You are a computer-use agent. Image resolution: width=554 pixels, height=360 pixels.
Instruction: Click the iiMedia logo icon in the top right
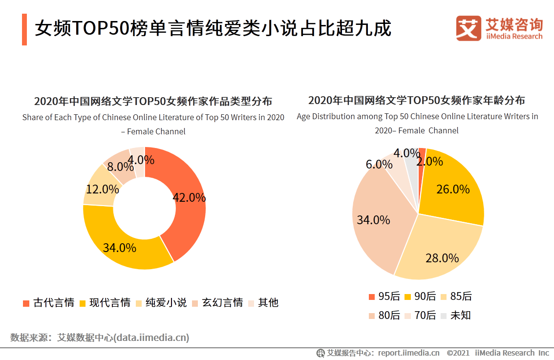[469, 28]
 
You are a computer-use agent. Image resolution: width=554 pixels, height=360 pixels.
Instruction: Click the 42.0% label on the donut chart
[189, 197]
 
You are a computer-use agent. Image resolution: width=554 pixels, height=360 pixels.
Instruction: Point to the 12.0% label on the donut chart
[103, 189]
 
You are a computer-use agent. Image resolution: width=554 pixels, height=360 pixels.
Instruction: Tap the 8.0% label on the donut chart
[121, 167]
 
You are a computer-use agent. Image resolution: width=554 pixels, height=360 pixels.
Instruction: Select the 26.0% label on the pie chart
[453, 189]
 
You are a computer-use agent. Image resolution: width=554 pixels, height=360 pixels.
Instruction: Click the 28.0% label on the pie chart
[442, 258]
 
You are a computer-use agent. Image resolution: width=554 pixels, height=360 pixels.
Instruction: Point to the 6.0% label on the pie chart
[379, 164]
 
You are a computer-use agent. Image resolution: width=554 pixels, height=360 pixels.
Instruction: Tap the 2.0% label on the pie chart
[430, 161]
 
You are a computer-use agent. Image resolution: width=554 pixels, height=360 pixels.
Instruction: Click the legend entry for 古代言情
[49, 302]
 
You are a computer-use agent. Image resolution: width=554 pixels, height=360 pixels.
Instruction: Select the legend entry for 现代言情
[105, 302]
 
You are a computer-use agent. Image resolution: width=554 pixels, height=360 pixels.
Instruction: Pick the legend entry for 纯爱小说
[161, 302]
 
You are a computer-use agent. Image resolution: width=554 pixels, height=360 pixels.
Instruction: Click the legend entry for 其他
[263, 302]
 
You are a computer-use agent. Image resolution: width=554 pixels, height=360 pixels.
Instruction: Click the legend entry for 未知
[455, 315]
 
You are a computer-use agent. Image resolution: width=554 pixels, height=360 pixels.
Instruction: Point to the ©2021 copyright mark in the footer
[458, 353]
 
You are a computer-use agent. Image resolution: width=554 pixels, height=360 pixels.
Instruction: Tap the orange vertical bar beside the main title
[24, 29]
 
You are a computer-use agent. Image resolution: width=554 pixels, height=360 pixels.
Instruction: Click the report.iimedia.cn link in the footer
[408, 353]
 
